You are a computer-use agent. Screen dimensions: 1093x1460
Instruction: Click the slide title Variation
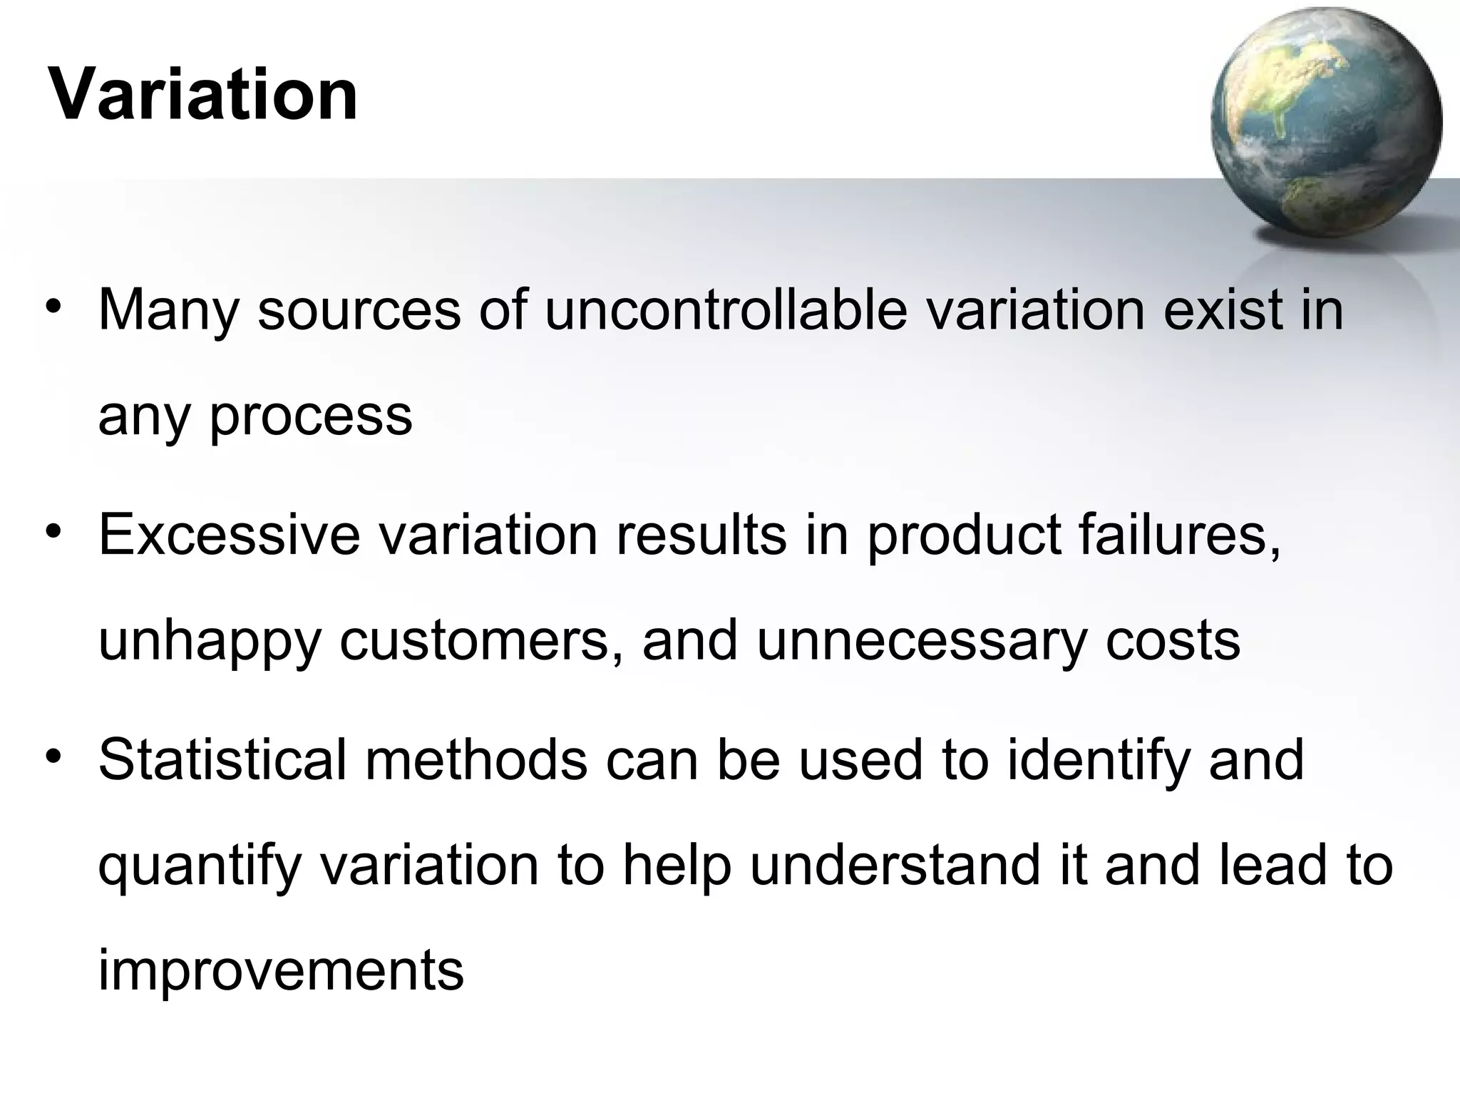pos(203,94)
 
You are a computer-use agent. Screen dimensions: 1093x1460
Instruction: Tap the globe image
pos(1325,123)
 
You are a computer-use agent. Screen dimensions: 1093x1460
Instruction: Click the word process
pos(311,416)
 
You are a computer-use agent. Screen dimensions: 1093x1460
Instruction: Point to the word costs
pos(1173,640)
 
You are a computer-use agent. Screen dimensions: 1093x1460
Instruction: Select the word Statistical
pos(222,760)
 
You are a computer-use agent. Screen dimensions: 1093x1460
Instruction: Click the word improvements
pos(281,971)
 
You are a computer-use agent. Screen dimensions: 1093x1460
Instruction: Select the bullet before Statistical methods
pos(53,756)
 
